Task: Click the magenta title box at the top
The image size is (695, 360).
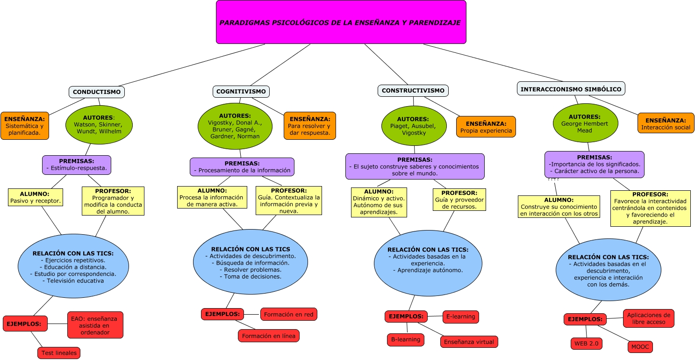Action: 341,22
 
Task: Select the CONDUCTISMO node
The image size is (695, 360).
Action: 97,92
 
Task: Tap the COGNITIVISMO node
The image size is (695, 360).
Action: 241,92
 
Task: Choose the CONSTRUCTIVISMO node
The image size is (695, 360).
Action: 413,91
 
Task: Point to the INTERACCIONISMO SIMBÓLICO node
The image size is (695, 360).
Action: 571,89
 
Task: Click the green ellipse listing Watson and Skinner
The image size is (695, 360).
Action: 99,124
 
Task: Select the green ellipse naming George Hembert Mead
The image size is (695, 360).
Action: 585,123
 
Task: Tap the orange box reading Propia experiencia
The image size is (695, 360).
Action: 486,127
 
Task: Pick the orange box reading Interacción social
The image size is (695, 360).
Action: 666,123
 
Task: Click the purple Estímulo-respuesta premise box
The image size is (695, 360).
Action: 77,165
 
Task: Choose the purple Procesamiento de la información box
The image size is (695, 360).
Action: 242,167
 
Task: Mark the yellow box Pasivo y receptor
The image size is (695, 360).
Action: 36,197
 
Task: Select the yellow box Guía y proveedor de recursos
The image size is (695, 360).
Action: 459,200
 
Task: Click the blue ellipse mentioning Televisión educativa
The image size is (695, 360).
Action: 73,266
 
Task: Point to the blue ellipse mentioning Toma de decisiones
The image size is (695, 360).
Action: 251,262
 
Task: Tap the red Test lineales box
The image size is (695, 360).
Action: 59,353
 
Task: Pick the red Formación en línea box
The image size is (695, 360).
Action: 269,336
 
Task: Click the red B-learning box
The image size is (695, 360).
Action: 406,339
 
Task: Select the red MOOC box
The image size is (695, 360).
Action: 640,346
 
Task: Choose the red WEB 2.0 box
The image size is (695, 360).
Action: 587,344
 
